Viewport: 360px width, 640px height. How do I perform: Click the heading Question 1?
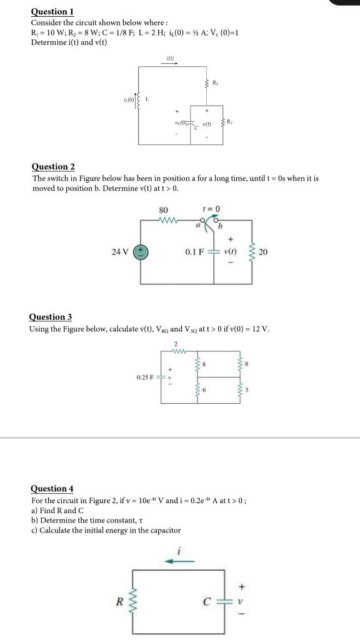(x=52, y=11)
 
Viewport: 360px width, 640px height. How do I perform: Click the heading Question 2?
(x=53, y=166)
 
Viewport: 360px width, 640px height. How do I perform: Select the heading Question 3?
(x=51, y=317)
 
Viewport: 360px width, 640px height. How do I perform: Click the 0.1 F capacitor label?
(x=196, y=252)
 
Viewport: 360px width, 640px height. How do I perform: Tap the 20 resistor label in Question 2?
(x=263, y=252)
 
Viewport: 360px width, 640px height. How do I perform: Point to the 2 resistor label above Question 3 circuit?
(x=176, y=343)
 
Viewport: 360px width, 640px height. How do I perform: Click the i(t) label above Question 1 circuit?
(x=169, y=59)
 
